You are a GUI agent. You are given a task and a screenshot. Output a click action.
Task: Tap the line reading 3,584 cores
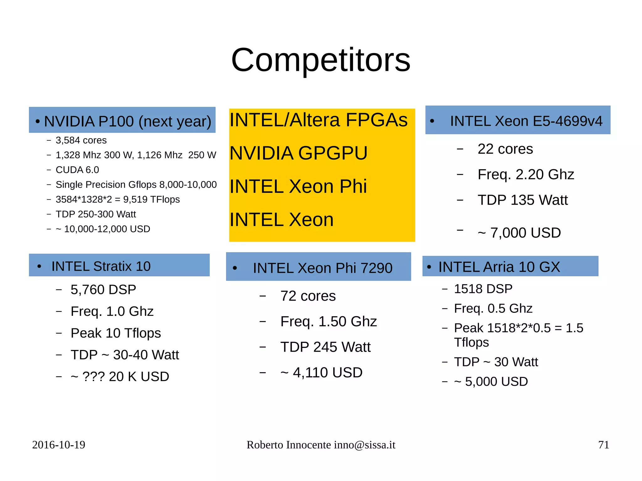coord(81,140)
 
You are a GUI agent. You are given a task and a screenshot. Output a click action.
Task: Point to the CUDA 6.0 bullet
coord(77,170)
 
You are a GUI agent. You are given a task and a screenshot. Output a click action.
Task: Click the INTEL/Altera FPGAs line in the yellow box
coord(318,120)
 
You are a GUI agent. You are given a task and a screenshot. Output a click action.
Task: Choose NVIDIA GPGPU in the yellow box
coord(298,153)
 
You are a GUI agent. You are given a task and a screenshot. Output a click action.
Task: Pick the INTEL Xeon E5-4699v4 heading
coord(526,121)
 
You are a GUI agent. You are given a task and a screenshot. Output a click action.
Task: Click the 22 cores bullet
coord(505,149)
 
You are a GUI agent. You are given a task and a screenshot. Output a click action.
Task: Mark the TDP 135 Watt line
coord(523,200)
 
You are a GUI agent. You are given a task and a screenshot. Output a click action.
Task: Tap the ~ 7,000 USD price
coord(519,233)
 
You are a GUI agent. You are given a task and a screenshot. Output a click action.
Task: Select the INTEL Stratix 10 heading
coord(101,266)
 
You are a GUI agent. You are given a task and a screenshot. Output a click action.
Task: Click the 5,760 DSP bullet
coord(103,290)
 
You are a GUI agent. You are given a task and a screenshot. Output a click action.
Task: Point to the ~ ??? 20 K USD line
coord(120,377)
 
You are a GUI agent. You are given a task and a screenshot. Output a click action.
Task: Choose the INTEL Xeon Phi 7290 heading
coord(323,268)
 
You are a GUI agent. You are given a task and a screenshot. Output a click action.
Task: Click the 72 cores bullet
coord(308,296)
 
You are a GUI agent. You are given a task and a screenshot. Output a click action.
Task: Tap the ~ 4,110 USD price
coord(321,373)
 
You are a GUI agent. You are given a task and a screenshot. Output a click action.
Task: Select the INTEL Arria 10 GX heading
coord(499,267)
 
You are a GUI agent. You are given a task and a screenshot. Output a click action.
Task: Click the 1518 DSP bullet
coord(483,289)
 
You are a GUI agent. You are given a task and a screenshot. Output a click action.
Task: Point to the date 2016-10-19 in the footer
coord(59,445)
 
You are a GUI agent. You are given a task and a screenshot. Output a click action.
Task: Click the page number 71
coord(603,445)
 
